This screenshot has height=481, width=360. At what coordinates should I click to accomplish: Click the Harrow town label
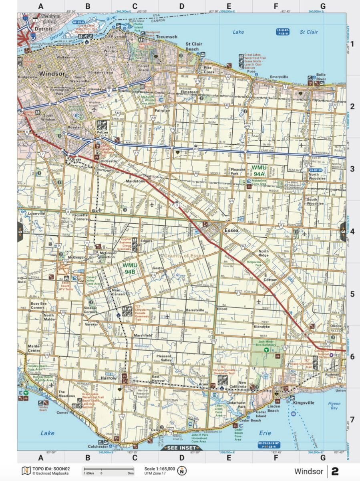109,378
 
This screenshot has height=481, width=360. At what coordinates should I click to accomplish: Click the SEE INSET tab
181,448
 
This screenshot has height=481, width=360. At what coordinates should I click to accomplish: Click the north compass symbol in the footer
183,471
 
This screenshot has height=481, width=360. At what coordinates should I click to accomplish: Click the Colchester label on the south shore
98,446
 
